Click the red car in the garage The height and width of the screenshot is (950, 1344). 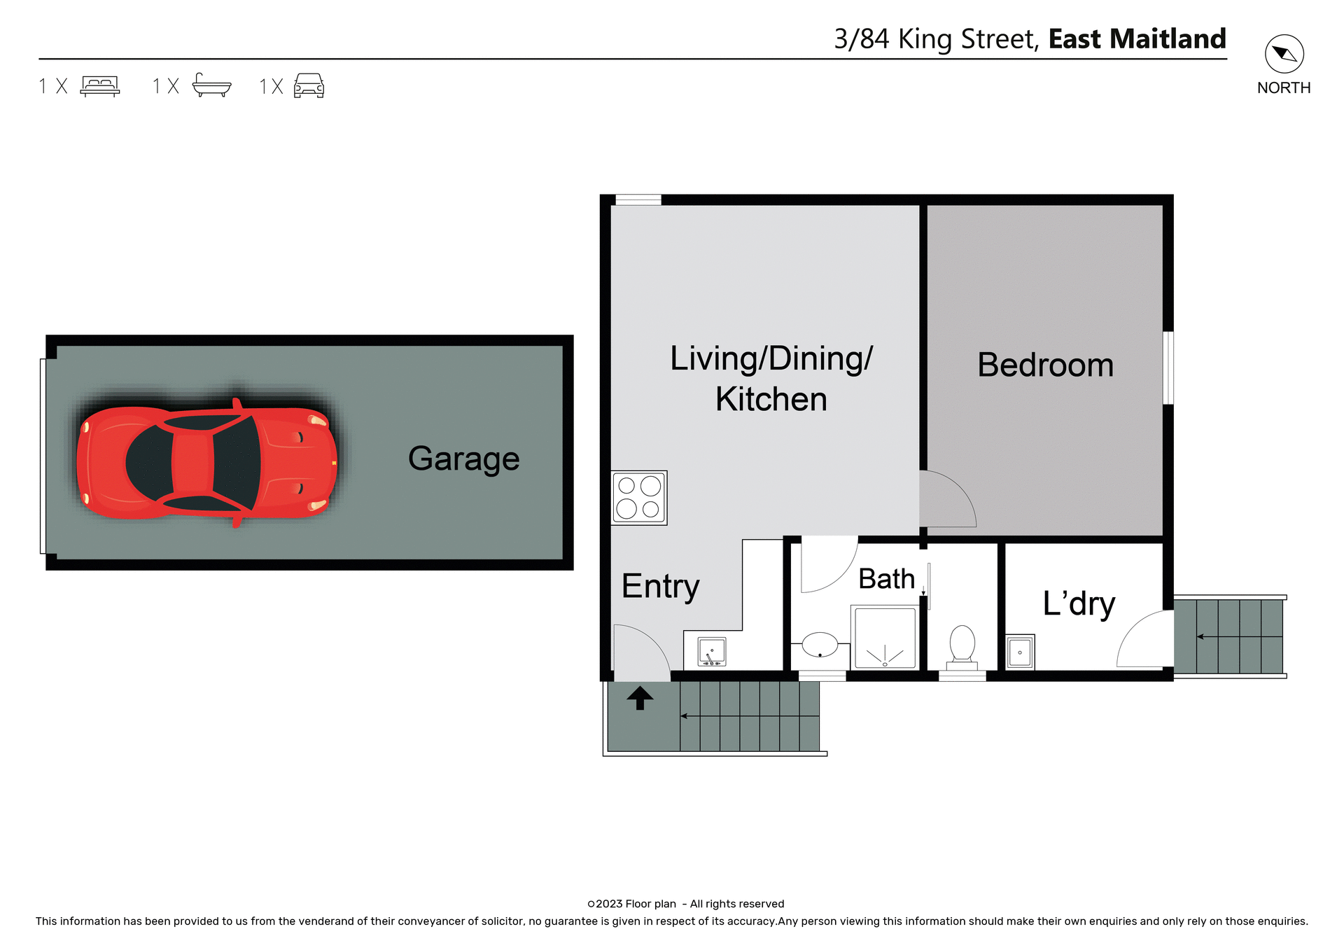pyautogui.click(x=207, y=463)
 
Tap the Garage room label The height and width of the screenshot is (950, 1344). pyautogui.click(x=463, y=459)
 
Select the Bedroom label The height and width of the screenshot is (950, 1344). pyautogui.click(x=1045, y=365)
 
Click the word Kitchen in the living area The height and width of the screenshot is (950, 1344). pyautogui.click(x=771, y=399)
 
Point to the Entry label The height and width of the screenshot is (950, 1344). pyautogui.click(x=660, y=586)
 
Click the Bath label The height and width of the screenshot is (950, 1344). pyautogui.click(x=886, y=579)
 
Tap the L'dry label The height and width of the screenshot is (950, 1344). pyautogui.click(x=1079, y=603)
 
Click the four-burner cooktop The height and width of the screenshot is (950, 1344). pyautogui.click(x=638, y=498)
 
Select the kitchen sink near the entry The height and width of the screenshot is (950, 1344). pyautogui.click(x=712, y=652)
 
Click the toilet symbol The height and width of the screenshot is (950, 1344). pyautogui.click(x=962, y=644)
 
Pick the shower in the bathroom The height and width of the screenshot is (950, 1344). pyautogui.click(x=885, y=638)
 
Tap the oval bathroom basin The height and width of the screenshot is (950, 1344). pyautogui.click(x=820, y=645)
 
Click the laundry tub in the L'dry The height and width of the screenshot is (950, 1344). pyautogui.click(x=1020, y=652)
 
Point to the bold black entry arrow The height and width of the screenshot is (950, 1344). pyautogui.click(x=640, y=698)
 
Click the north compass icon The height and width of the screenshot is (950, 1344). pyautogui.click(x=1284, y=54)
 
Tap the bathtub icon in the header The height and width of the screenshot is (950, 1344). pyautogui.click(x=211, y=85)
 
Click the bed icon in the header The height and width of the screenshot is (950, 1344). pyautogui.click(x=100, y=85)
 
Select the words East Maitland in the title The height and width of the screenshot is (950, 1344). pyautogui.click(x=1137, y=39)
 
